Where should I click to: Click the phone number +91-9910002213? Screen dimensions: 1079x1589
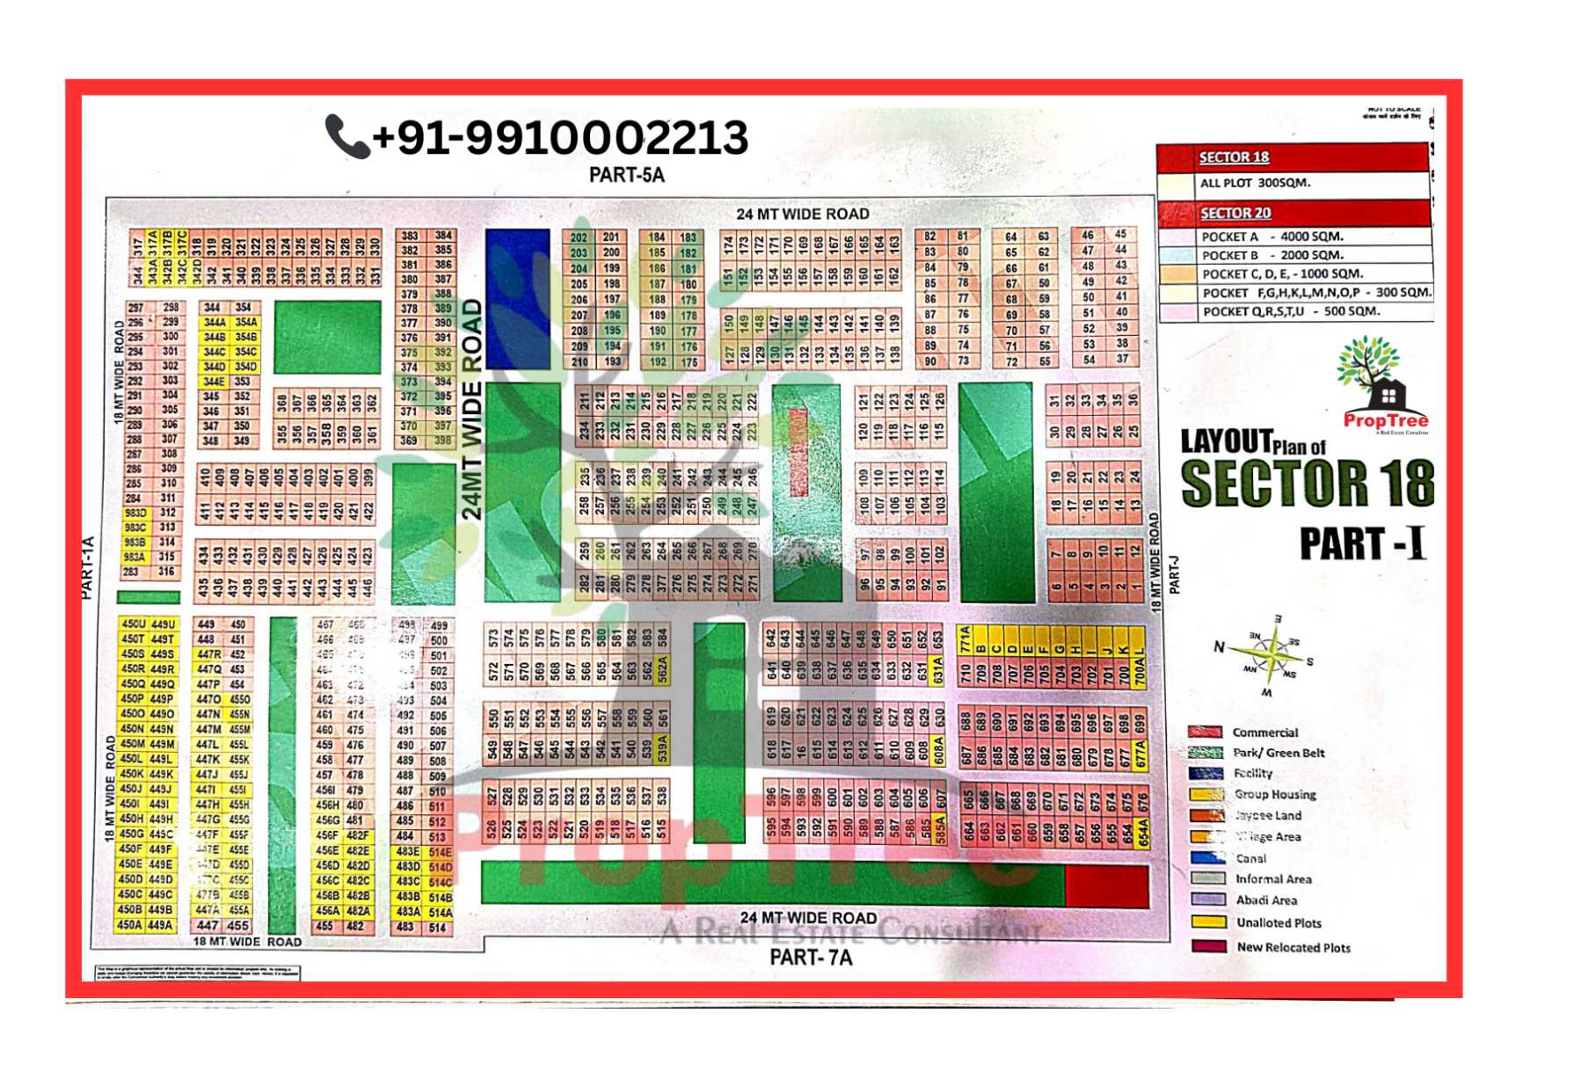(559, 137)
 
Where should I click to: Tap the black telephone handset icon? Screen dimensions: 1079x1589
(346, 136)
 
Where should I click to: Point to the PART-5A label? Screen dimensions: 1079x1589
(626, 175)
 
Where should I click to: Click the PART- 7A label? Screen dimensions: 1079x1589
(811, 958)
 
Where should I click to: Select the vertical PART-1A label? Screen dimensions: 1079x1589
(87, 568)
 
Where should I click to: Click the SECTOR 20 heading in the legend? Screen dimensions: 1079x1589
(1235, 213)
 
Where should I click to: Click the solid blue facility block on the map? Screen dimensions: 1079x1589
(517, 299)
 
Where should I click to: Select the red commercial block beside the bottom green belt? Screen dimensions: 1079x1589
(1105, 886)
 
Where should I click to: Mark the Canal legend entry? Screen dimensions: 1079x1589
(1250, 858)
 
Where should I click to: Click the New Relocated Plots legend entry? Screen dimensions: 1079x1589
(1293, 947)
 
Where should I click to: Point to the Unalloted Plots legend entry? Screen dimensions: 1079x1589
(1279, 922)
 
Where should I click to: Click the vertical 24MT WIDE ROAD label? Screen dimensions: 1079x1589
(472, 409)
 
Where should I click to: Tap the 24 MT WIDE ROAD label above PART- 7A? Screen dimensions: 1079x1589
(808, 918)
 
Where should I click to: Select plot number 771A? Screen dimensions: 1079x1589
(965, 639)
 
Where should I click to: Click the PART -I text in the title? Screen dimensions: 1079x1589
(1362, 543)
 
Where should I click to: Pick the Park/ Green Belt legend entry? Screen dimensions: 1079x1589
(1278, 753)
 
